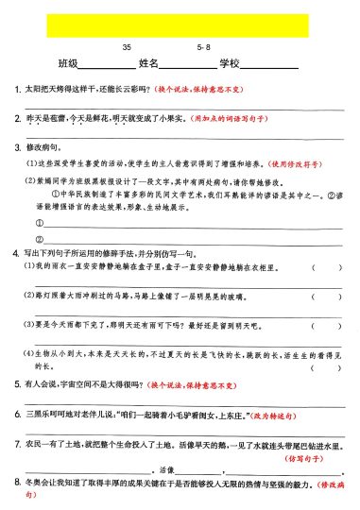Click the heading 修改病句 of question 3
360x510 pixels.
click(40, 148)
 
